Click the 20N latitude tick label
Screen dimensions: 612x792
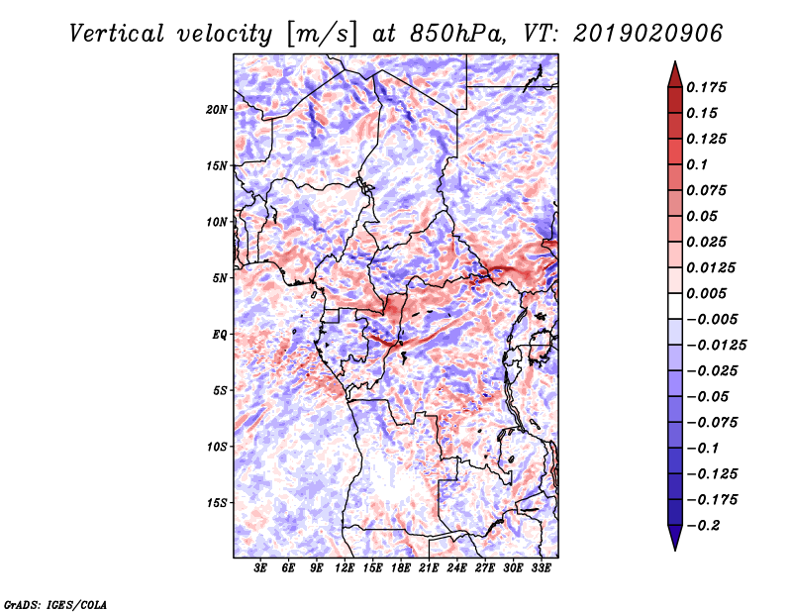[217, 109]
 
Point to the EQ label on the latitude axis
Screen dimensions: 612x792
[219, 334]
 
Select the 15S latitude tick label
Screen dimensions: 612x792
[217, 502]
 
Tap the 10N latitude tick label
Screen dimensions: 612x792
[217, 222]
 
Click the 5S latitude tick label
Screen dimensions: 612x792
[220, 390]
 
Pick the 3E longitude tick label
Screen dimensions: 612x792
[261, 568]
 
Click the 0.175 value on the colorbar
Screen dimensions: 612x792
[710, 87]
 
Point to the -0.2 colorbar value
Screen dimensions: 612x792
[707, 525]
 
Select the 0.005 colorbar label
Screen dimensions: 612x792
[710, 293]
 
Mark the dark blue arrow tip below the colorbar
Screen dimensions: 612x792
[674, 544]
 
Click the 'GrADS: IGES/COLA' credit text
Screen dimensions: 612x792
[54, 603]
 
